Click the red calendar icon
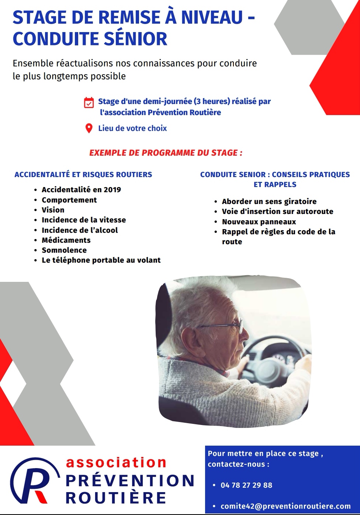pyautogui.click(x=89, y=103)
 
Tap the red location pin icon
pyautogui.click(x=89, y=128)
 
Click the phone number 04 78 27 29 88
pyautogui.click(x=246, y=485)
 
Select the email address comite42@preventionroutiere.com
pyautogui.click(x=285, y=506)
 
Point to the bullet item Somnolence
pyautogui.click(x=64, y=250)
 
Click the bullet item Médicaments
pyautogui.click(x=66, y=240)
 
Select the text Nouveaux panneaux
pyautogui.click(x=259, y=222)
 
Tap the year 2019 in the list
pyautogui.click(x=112, y=190)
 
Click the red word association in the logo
pyautogui.click(x=116, y=462)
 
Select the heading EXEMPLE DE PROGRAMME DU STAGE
pyautogui.click(x=166, y=153)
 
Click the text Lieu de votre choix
pyautogui.click(x=132, y=128)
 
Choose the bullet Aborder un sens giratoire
pyautogui.click(x=269, y=201)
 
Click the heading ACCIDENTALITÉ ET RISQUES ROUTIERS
pyautogui.click(x=83, y=174)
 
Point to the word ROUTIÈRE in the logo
pyautogui.click(x=116, y=498)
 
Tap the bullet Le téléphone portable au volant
pyautogui.click(x=101, y=260)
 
